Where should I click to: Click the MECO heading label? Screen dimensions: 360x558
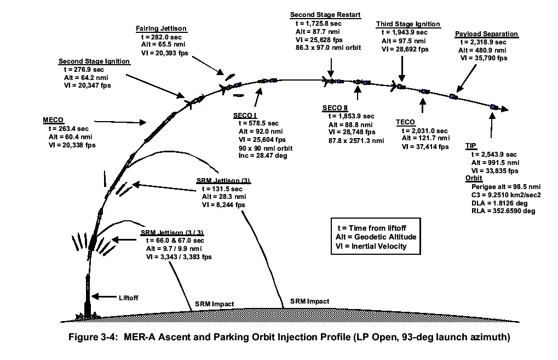[x=53, y=121]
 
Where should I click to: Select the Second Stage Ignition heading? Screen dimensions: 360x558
[x=94, y=61]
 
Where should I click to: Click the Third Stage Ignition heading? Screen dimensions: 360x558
[x=408, y=24]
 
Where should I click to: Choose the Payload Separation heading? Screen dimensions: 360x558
[x=486, y=34]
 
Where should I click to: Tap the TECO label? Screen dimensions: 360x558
[x=405, y=122]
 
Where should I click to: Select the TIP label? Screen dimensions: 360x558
[x=470, y=146]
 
